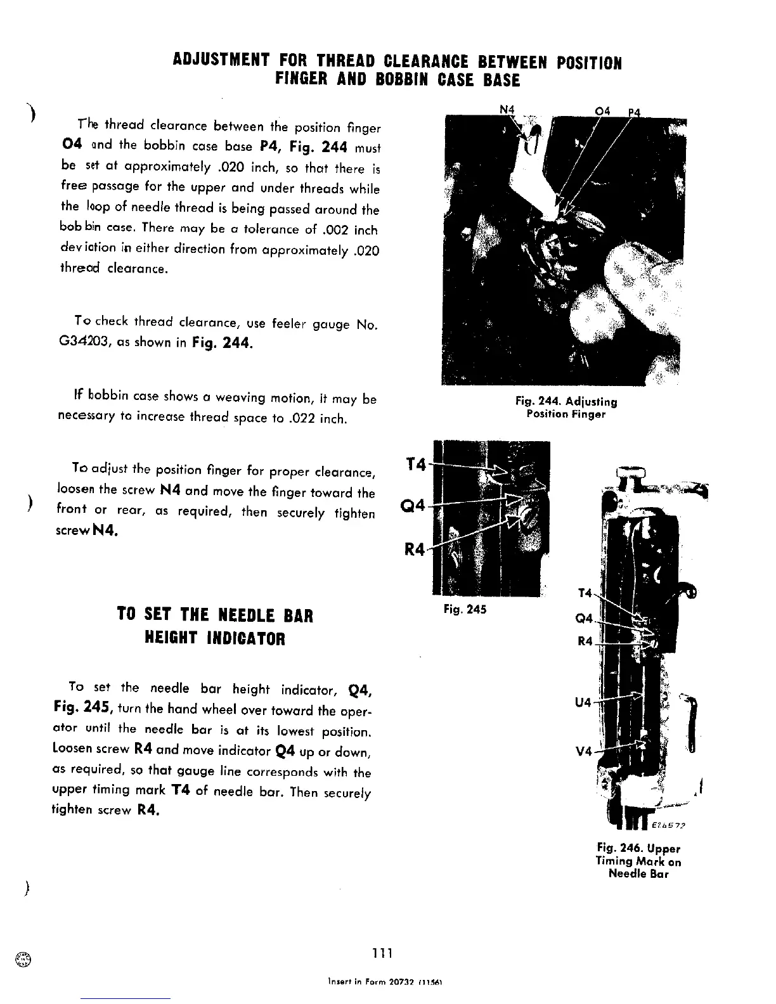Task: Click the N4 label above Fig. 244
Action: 507,110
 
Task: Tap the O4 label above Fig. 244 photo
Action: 602,112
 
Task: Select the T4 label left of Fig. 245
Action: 415,465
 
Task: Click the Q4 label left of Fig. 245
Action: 415,506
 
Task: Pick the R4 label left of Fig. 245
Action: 415,549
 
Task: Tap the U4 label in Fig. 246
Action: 583,702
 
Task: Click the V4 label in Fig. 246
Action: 584,751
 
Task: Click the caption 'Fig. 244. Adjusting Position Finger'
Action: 566,408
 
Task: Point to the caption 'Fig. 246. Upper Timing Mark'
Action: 638,861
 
